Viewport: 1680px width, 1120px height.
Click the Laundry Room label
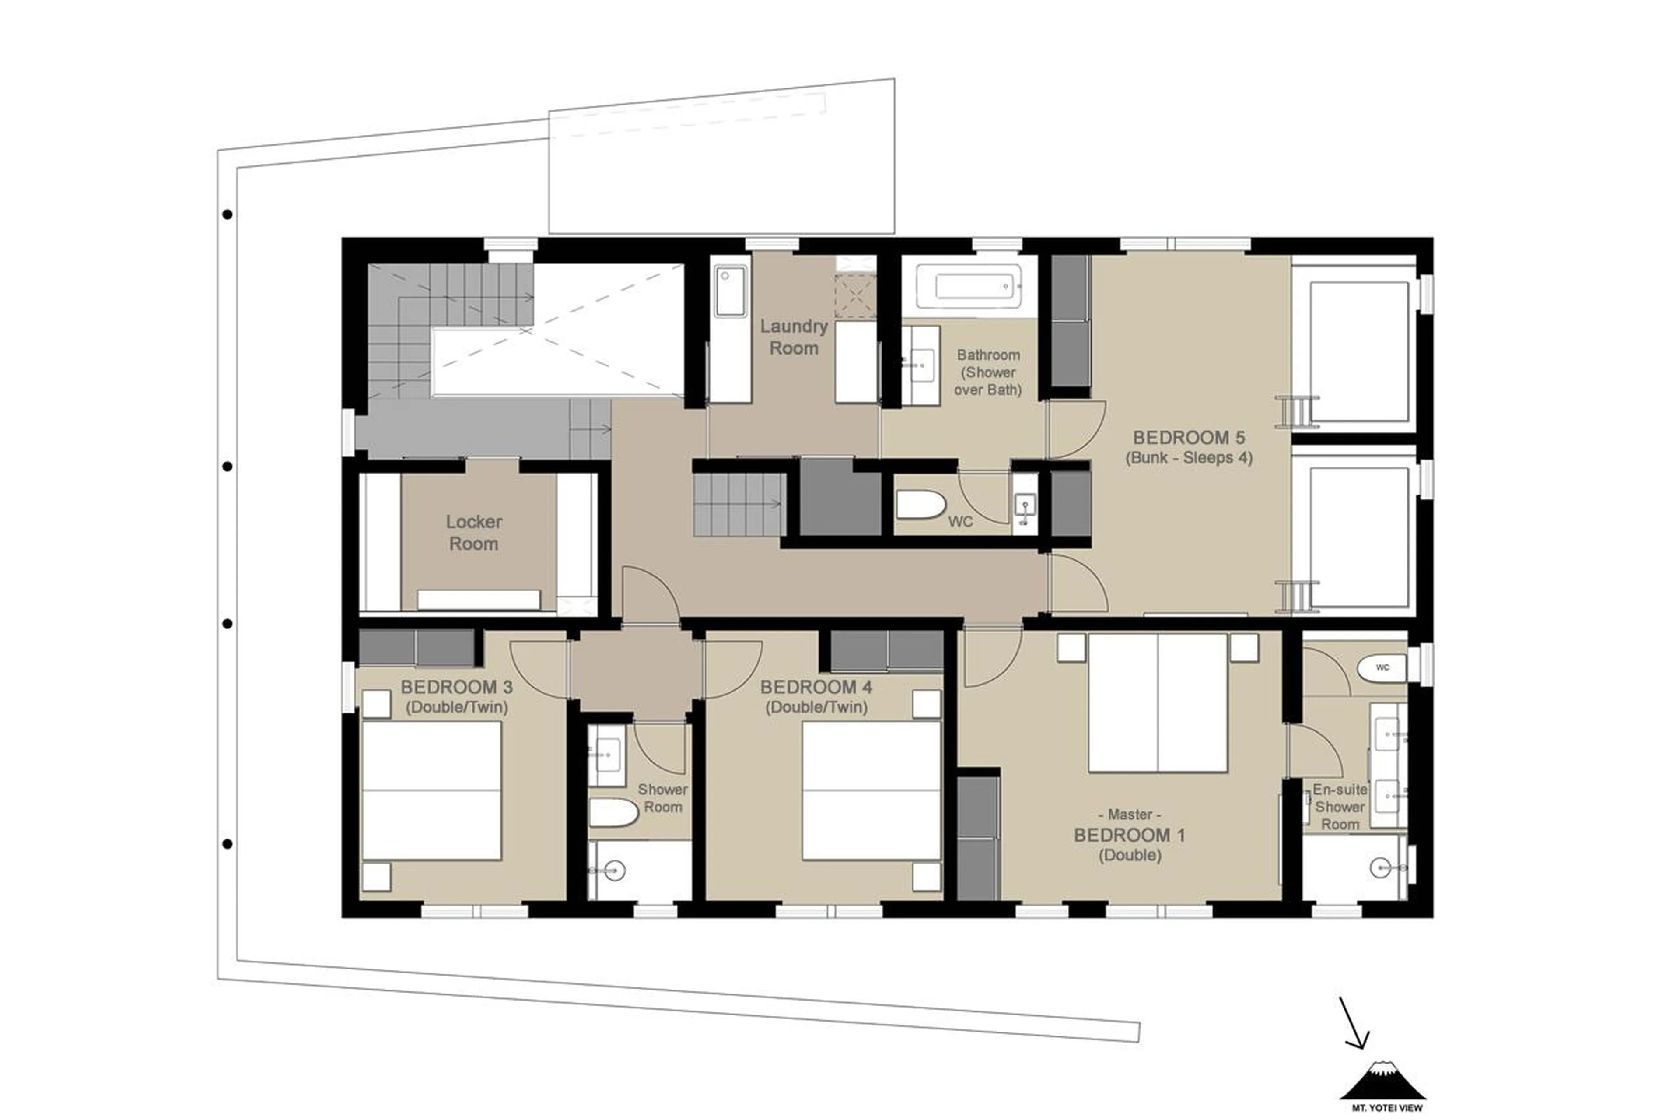[793, 337]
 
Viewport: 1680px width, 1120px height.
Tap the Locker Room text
[473, 532]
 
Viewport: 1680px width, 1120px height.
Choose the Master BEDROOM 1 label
[1130, 834]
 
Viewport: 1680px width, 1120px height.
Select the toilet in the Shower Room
[612, 813]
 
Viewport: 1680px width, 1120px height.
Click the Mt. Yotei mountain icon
[1383, 1081]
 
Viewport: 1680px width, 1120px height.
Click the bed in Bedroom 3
[431, 791]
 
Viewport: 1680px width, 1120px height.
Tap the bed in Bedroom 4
[871, 791]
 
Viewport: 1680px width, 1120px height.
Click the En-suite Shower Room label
[1340, 807]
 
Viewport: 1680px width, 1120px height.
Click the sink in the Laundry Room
[730, 291]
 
